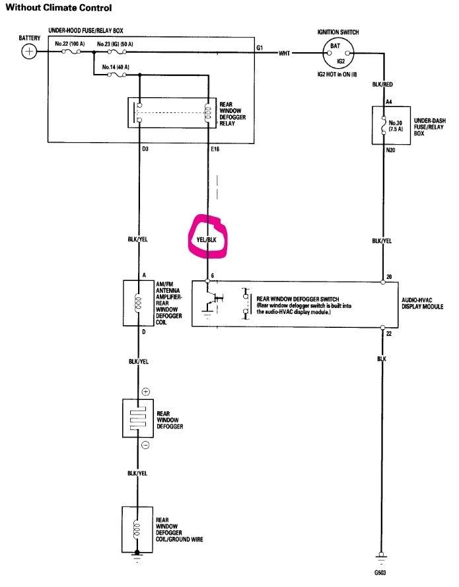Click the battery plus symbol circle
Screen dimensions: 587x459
coord(29,52)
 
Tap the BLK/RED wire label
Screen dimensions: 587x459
coord(382,85)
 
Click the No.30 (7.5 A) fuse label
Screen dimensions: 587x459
coord(396,126)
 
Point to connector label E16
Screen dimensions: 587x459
coord(215,149)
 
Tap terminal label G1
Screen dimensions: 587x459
coord(260,48)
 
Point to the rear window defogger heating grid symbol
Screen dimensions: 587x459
coord(138,418)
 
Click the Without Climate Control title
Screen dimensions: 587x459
coord(59,9)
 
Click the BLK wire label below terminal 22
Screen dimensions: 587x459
coord(382,358)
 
